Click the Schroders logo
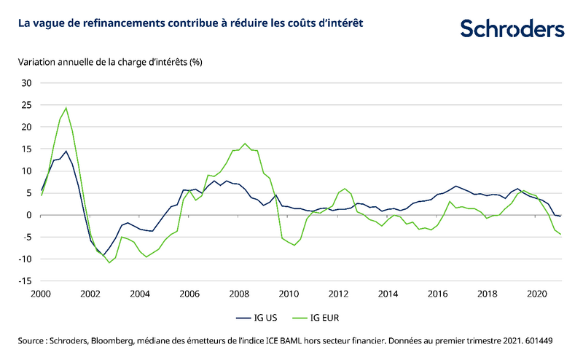pyautogui.click(x=512, y=28)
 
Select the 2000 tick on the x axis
pyautogui.click(x=40, y=294)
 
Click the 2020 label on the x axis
pyautogui.click(x=537, y=294)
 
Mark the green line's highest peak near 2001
pyautogui.click(x=66, y=108)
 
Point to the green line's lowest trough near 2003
pyautogui.click(x=109, y=262)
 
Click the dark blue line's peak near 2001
pyautogui.click(x=66, y=152)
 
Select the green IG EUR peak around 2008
pyautogui.click(x=245, y=144)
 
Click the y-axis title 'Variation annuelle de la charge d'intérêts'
pyautogui.click(x=109, y=62)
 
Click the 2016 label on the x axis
pyautogui.click(x=438, y=294)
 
